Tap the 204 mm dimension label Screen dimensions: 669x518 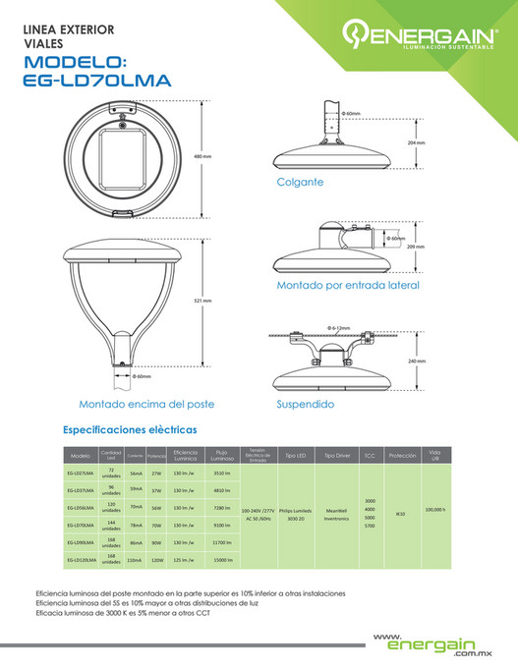(416, 142)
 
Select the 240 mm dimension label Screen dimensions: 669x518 (416, 362)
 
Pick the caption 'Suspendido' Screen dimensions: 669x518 (305, 403)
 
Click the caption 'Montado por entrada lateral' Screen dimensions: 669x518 (347, 285)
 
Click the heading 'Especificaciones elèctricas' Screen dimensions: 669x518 (129, 429)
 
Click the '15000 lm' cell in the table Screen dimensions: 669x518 (221, 559)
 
